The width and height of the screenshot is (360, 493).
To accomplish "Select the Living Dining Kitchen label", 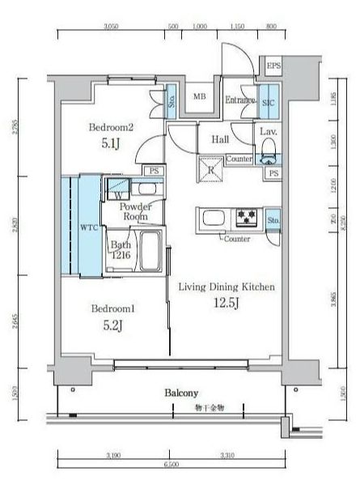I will [227, 287].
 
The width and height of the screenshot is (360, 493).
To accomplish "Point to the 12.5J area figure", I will [227, 303].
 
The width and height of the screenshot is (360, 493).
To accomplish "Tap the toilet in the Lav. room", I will [269, 153].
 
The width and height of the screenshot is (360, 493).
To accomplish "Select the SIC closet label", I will [269, 102].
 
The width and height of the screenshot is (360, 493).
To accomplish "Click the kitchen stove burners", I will [246, 217].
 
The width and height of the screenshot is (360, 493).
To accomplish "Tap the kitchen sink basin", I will [215, 219].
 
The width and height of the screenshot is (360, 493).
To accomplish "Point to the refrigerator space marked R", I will [211, 169].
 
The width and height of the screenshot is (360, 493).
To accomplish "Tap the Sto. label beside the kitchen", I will [273, 219].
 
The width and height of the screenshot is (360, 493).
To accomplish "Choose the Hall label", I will [221, 139].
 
